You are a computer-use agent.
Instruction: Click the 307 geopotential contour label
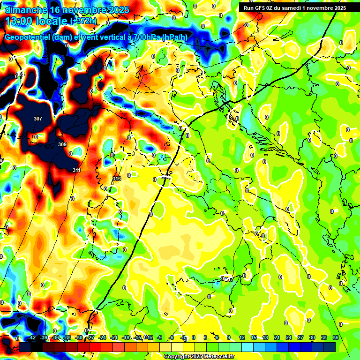point(38,119)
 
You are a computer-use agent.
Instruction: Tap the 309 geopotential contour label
point(62,144)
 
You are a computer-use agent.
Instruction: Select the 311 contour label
point(76,170)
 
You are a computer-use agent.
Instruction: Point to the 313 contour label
point(117,179)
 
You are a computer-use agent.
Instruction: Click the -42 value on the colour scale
point(32,337)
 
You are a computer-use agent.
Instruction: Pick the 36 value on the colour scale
point(336,337)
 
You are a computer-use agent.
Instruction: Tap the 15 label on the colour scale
point(254,337)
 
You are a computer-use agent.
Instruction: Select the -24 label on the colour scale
point(102,337)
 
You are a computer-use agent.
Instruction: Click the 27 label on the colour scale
point(300,337)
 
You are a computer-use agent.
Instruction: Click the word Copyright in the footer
point(178,356)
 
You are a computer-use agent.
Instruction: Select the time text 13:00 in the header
point(19,21)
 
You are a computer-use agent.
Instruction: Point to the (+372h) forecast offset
point(83,21)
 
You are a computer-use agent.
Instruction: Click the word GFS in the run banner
point(259,7)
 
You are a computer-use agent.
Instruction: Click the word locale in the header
point(52,21)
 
